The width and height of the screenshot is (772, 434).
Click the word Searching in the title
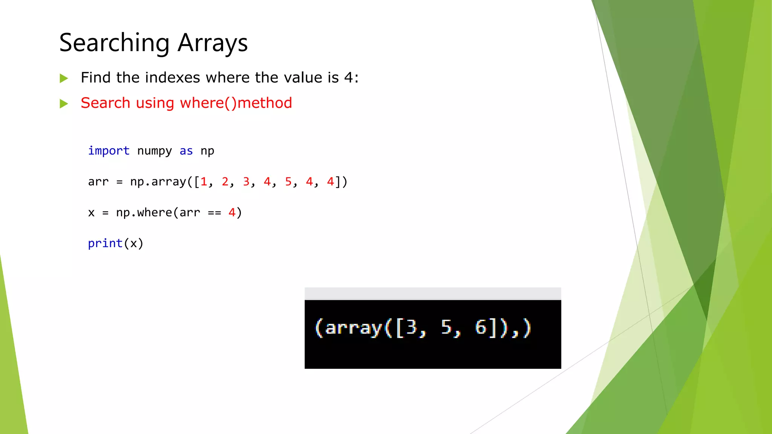(x=114, y=43)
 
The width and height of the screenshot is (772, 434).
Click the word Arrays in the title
(x=213, y=43)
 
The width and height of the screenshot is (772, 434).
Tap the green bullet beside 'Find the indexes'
(x=64, y=78)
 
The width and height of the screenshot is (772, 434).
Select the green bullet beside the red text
(x=64, y=104)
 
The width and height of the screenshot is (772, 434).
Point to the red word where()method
(x=236, y=103)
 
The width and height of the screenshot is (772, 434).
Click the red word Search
(x=106, y=103)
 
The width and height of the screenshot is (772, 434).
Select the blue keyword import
(x=109, y=151)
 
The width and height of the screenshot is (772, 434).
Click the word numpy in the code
(x=155, y=151)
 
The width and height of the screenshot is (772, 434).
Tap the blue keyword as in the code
(x=186, y=151)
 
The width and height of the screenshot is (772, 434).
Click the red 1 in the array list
(x=204, y=182)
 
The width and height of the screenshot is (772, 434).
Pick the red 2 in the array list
(x=225, y=182)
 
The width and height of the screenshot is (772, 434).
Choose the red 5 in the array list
(x=288, y=182)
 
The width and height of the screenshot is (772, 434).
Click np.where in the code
(x=144, y=212)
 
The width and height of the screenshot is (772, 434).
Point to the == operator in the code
(x=214, y=213)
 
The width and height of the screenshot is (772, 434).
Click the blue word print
(x=105, y=243)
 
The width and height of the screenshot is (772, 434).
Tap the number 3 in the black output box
(x=411, y=327)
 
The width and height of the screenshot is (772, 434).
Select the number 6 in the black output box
(x=481, y=327)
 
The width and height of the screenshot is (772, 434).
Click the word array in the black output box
(x=354, y=328)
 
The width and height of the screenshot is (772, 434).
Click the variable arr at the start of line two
(x=98, y=182)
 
